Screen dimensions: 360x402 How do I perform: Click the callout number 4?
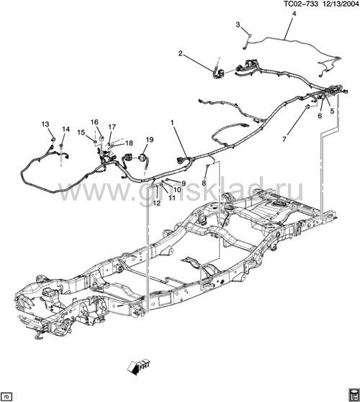pos(294,14)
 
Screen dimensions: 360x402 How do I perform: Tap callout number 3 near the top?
pos(238,24)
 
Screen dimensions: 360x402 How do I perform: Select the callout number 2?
pos(181,54)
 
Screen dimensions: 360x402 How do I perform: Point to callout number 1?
pos(172,123)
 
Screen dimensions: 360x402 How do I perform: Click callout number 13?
pos(45,124)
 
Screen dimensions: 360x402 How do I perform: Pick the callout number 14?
pos(66,129)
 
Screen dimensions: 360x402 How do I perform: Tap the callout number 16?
pos(94,122)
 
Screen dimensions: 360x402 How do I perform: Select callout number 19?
pos(150,140)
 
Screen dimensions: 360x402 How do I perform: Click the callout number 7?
pos(284,140)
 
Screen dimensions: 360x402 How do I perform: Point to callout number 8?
pos(204,183)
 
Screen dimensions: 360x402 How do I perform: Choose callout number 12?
pos(156,203)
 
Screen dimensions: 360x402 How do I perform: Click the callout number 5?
pos(332,111)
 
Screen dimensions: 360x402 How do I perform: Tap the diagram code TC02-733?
pos(301,4)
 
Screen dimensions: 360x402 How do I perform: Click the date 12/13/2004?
pos(340,4)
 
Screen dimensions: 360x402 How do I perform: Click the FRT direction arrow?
pos(138,367)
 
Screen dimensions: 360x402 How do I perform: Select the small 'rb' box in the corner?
pos(6,395)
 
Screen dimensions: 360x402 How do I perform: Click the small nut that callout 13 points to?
pos(53,140)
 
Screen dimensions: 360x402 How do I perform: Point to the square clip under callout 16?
pos(101,138)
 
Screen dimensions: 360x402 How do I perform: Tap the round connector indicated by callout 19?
pos(142,157)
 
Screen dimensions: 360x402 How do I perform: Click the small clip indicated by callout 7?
pos(307,106)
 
